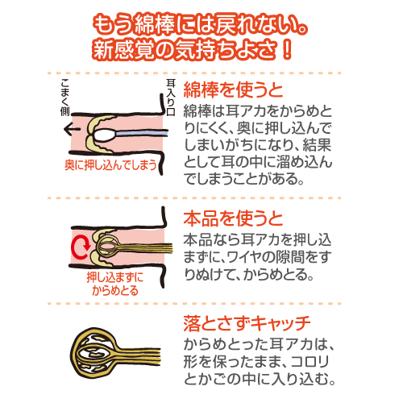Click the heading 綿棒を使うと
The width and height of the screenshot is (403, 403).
tap(233, 90)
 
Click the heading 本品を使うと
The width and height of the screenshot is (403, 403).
tap(233, 218)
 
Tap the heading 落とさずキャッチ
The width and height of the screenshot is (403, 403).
tap(247, 324)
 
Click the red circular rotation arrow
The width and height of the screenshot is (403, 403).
tap(80, 247)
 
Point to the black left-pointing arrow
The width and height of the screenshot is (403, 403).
tap(72, 129)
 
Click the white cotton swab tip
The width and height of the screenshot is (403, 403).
tap(105, 135)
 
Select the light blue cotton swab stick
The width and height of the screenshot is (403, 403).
tap(141, 133)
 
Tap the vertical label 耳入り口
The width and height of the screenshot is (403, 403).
tap(171, 97)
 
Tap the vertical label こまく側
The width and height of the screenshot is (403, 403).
tap(64, 98)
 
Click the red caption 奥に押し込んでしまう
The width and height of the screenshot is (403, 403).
tap(110, 164)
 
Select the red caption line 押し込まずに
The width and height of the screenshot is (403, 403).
tap(115, 277)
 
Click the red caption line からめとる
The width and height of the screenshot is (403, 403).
tap(115, 290)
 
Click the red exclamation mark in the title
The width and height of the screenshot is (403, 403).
tap(287, 50)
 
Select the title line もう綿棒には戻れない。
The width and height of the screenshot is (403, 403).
tap(200, 25)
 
